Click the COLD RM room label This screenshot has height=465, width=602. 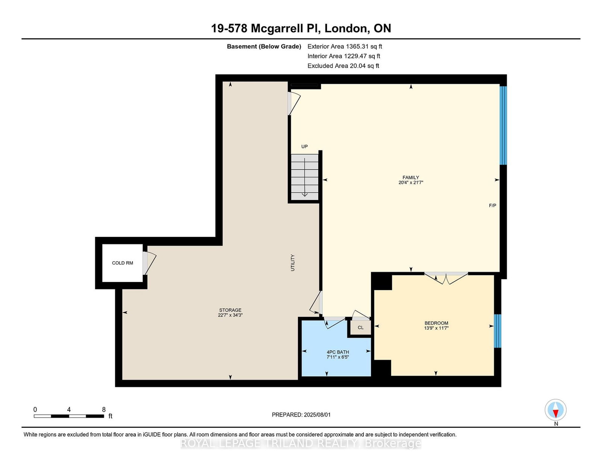(x=122, y=263)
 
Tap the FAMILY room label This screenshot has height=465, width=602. (x=410, y=177)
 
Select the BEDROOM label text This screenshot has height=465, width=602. (x=436, y=323)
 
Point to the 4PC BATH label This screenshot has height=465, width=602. (x=338, y=352)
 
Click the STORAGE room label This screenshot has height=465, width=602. (x=230, y=310)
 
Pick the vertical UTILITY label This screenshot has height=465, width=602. (x=293, y=263)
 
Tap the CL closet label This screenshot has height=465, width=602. (x=360, y=328)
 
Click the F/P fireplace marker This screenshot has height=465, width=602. (x=492, y=205)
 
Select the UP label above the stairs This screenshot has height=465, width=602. (x=304, y=147)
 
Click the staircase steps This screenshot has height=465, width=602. (x=304, y=177)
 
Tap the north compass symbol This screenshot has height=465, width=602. (x=555, y=410)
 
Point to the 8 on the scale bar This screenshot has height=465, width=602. (x=104, y=410)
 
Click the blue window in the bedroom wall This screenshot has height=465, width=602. (x=497, y=331)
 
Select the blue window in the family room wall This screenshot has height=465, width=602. (x=503, y=126)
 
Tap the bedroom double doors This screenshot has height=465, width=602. (x=446, y=278)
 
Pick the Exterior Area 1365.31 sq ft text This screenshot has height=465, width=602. (x=345, y=47)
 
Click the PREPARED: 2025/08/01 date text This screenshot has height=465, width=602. (x=301, y=415)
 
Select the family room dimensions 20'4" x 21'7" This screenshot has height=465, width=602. (x=410, y=182)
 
